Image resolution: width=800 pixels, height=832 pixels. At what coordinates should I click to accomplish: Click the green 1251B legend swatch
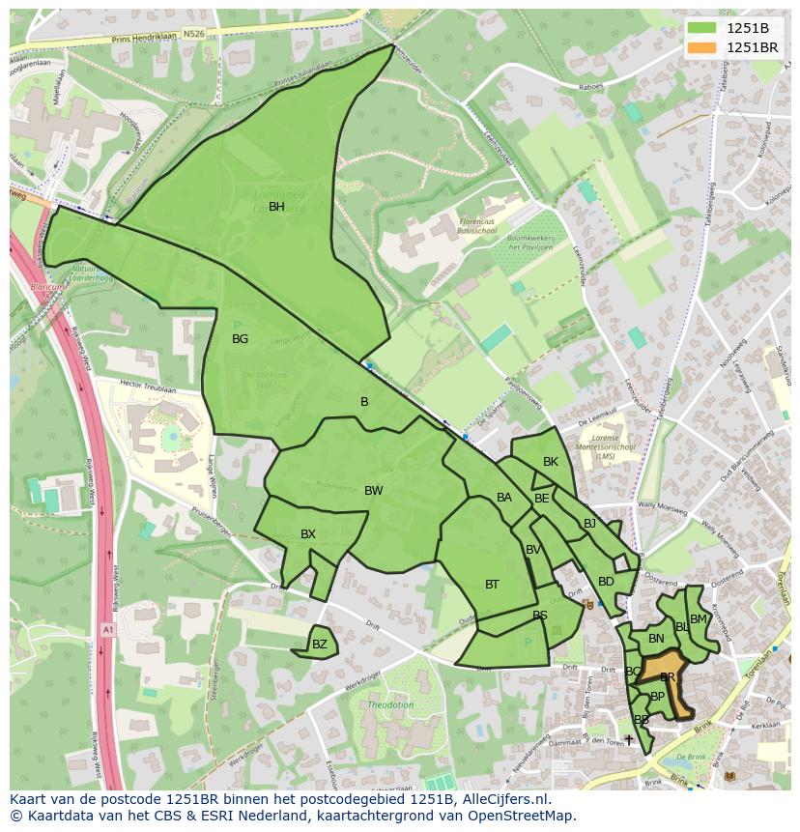click(703, 28)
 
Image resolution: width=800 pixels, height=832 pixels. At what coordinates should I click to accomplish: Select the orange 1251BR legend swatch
click(703, 47)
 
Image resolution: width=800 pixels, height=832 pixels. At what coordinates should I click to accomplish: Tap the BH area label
click(276, 207)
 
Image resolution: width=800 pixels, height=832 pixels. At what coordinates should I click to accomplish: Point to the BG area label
click(241, 339)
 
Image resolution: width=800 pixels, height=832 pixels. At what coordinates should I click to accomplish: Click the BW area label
click(374, 491)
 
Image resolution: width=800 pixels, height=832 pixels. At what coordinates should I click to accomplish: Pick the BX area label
click(308, 534)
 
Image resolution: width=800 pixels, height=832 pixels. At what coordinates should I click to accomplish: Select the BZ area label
click(320, 645)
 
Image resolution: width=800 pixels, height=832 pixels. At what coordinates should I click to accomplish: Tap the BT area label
click(492, 585)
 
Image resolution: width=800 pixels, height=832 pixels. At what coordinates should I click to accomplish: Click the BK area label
click(551, 462)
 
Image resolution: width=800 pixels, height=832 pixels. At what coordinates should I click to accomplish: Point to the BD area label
click(606, 582)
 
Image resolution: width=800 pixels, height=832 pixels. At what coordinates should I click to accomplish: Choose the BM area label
click(699, 619)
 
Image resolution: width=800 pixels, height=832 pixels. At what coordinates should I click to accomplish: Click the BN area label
click(656, 639)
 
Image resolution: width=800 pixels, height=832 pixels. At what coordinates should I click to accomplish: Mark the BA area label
click(504, 498)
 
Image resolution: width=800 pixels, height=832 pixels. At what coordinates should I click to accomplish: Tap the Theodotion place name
click(390, 705)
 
